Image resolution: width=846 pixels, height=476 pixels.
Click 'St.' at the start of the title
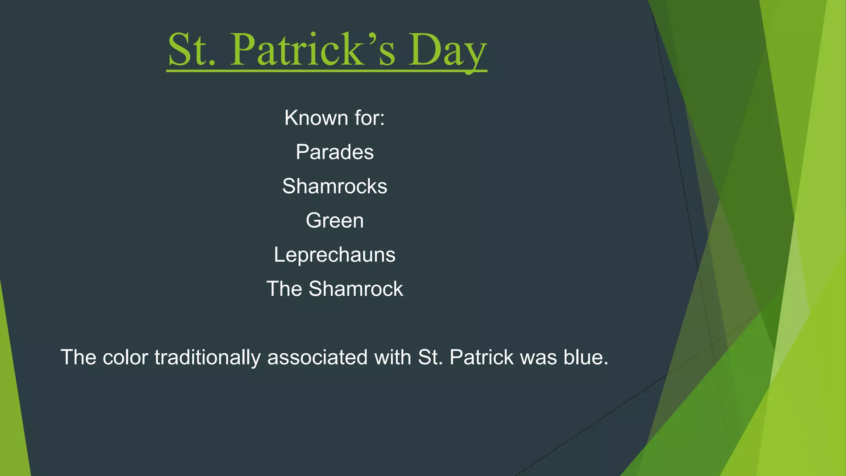192,50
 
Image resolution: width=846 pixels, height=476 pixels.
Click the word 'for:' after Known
369,118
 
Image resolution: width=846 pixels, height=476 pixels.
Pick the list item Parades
335,152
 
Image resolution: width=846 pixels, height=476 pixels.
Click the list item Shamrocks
335,186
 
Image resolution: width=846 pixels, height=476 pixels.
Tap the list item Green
335,221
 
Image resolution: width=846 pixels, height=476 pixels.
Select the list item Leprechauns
335,255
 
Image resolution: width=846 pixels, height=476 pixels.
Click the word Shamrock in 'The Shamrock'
356,289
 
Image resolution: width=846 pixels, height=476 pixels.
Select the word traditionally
207,357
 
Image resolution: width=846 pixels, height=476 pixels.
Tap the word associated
317,357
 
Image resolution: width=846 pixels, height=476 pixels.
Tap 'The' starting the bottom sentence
78,357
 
